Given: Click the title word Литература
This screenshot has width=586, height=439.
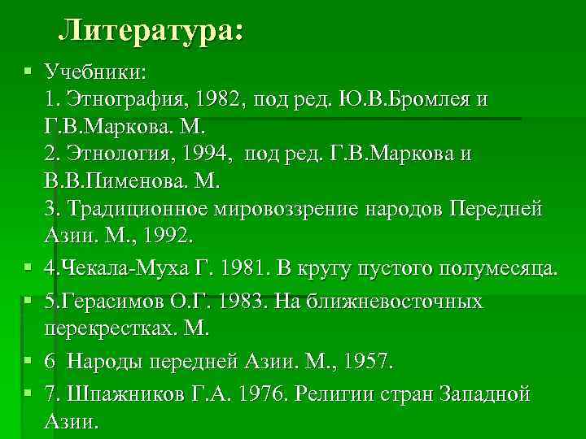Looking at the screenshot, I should pyautogui.click(x=151, y=32).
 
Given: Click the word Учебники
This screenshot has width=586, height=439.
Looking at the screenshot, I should pyautogui.click(x=95, y=72).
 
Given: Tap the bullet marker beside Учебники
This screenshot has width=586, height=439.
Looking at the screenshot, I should pyautogui.click(x=28, y=72).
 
